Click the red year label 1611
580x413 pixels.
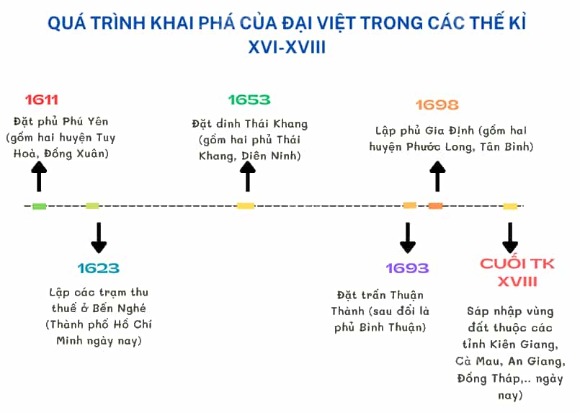tap(42, 99)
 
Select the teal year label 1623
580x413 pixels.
tap(99, 268)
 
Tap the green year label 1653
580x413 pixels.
tap(249, 99)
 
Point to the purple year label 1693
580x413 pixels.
tap(407, 268)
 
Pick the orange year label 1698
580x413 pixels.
tap(437, 105)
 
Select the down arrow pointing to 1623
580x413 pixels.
tap(99, 238)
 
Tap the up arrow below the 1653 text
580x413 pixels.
tap(247, 176)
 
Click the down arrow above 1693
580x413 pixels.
tap(408, 238)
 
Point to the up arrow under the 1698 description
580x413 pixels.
tap(437, 176)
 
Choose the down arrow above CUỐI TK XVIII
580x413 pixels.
tap(510, 238)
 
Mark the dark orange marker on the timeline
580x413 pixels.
tap(435, 205)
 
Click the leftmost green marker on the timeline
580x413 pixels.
tap(39, 206)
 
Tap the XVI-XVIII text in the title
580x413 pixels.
tap(287, 48)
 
